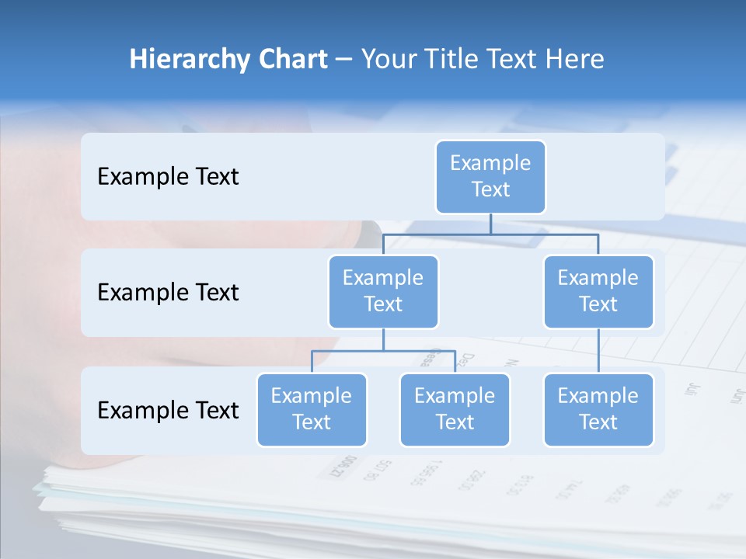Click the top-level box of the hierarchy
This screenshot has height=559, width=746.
coord(490,177)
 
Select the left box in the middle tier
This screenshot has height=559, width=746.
coord(383,291)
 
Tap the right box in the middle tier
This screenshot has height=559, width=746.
coord(598,291)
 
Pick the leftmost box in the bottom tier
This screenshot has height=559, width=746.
coord(312,409)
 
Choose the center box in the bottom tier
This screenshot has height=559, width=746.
coord(455,409)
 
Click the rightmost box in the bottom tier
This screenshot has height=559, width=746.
coord(598,409)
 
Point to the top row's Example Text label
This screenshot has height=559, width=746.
coord(168,177)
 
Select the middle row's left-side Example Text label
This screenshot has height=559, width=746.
coord(168,293)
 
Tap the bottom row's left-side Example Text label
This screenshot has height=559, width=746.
coord(168,410)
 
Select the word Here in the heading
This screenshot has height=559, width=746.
coord(576,59)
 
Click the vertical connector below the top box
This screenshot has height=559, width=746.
coord(490,224)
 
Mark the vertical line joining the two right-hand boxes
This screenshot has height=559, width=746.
coord(598,350)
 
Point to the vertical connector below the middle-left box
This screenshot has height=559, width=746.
coord(383,339)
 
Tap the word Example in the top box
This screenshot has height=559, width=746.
coord(490,163)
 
